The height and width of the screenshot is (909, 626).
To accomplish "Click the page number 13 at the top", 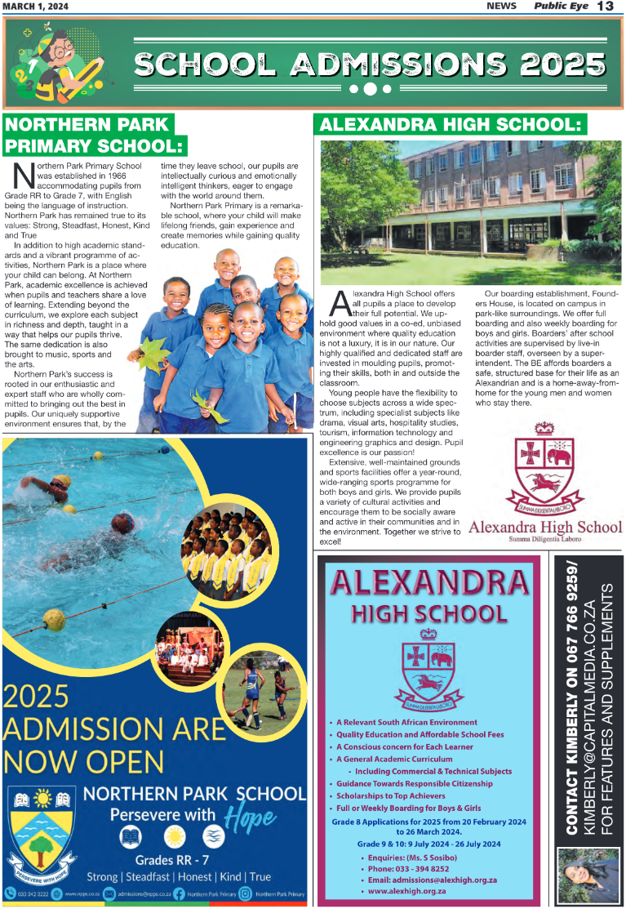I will [605, 7].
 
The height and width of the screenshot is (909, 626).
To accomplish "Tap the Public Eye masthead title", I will [558, 7].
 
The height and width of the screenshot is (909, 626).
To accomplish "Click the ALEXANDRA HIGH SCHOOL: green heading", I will [450, 125].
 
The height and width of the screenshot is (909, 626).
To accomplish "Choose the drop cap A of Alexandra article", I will [340, 304].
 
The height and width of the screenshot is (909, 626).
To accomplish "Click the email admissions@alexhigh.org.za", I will [433, 880].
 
